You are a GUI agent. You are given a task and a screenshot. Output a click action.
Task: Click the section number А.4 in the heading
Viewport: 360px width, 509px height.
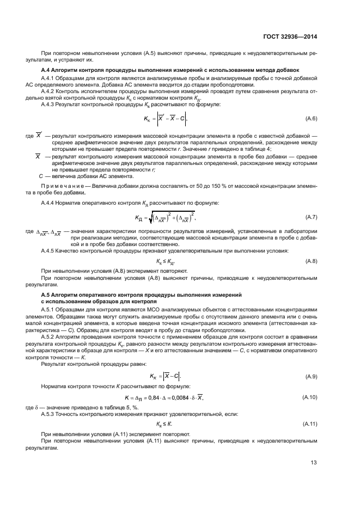point(47,70)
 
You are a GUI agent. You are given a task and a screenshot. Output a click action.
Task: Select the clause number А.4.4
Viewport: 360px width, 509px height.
point(49,203)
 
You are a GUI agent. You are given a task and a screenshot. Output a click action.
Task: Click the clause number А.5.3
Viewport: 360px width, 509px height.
point(49,414)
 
